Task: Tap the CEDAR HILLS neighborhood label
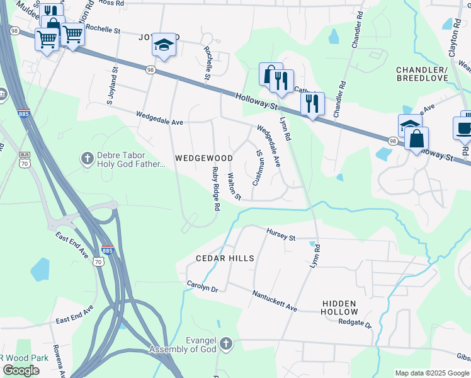click(225, 258)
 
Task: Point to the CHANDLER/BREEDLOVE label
click(422, 73)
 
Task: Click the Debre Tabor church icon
click(88, 156)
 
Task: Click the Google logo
click(21, 370)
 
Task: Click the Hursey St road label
click(280, 235)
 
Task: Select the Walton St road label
click(234, 186)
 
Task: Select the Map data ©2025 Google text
click(431, 373)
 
